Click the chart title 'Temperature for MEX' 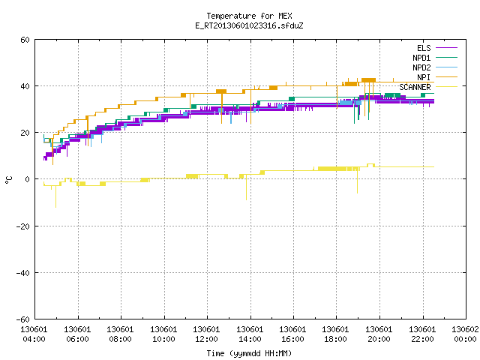249,16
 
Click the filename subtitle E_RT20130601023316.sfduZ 249,25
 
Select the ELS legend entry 437,48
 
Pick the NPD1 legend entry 435,58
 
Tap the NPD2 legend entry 435,67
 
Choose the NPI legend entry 437,77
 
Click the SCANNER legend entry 428,87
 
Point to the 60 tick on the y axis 25,40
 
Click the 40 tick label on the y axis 25,86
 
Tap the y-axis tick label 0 28,179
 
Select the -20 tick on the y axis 23,226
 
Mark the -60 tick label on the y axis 23,319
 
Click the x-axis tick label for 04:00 34,334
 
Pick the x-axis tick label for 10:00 163,334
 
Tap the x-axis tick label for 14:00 250,334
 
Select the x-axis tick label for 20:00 379,334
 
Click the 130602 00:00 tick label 465,334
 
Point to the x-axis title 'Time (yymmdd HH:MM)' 249,353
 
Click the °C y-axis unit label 8,180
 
